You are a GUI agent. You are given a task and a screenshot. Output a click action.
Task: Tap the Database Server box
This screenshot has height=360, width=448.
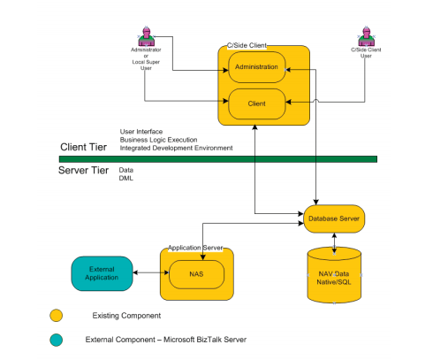coord(333,217)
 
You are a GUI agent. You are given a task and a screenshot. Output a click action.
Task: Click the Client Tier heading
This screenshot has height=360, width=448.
coord(83,147)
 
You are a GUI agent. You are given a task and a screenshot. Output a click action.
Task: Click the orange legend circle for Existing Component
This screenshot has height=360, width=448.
coord(57,315)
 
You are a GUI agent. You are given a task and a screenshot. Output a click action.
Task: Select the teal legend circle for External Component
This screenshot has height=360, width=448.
coord(57,339)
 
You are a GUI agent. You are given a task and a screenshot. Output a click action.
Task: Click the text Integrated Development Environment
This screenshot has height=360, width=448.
coord(176,148)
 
